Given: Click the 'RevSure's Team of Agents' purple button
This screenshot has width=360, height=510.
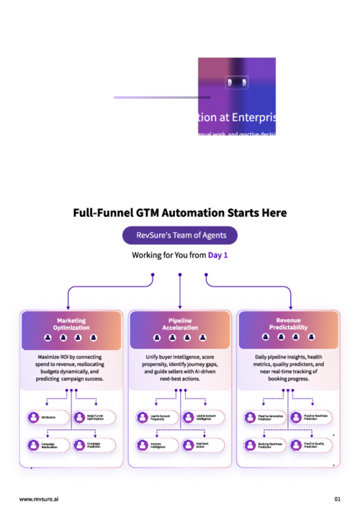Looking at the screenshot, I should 179,236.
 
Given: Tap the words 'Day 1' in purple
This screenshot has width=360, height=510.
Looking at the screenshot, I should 218,256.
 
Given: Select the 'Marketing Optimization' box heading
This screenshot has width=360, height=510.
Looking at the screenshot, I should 71,323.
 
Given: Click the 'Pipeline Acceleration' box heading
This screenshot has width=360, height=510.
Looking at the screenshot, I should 179,323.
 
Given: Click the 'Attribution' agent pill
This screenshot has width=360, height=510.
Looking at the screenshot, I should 46,417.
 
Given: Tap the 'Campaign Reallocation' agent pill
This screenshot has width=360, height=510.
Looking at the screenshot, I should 46,445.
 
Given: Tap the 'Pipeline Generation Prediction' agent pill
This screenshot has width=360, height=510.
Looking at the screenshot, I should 264,417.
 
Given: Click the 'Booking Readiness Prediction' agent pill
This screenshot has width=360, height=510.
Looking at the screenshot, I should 264,445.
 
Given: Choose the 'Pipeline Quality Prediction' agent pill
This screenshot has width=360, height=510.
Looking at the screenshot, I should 311,445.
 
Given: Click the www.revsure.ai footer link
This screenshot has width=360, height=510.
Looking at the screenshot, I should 40,498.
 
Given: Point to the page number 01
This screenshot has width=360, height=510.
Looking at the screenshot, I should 337,498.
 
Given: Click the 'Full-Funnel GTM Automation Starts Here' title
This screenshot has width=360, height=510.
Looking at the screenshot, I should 179,213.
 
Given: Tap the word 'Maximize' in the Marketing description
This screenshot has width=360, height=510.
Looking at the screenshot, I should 51,357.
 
